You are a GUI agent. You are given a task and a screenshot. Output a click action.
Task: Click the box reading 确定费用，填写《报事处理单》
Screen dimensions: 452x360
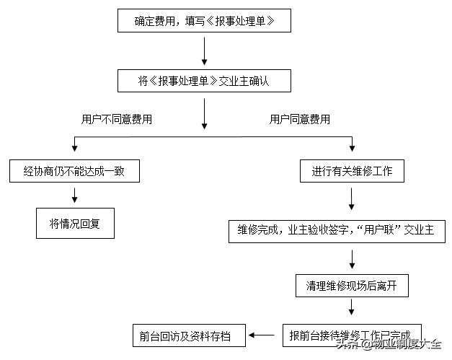coord(204,20)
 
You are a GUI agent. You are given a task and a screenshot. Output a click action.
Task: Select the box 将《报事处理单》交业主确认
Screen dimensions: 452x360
coord(204,81)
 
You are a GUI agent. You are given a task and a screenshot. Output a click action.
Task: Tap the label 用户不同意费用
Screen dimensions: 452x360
coord(117,119)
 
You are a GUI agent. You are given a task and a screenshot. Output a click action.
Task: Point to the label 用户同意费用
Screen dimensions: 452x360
coord(300,119)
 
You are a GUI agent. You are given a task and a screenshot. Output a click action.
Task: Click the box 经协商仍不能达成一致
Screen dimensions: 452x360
coord(74,171)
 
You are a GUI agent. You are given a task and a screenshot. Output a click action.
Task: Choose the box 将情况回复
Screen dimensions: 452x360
coord(75,223)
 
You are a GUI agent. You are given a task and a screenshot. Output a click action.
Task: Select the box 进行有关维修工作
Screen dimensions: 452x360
coord(352,171)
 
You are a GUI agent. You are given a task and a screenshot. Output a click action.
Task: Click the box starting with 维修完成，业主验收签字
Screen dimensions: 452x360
coord(337,232)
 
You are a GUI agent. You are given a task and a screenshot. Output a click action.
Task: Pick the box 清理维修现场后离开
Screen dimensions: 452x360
coord(352,286)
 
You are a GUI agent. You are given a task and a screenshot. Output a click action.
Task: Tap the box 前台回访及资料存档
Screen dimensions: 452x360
coord(189,335)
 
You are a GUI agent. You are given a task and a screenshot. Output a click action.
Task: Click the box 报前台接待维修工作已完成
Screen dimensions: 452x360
coord(352,335)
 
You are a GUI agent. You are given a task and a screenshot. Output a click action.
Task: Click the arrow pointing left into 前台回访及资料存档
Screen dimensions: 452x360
coord(262,335)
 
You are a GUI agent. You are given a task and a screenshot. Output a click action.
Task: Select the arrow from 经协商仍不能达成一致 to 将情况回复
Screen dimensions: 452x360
coord(75,196)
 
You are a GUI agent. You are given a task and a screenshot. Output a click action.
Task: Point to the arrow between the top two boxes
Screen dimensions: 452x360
coord(205,51)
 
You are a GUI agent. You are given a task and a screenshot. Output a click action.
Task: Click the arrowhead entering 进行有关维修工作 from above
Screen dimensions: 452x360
coord(352,149)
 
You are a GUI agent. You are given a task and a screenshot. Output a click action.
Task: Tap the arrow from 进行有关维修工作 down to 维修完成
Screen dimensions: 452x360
coord(351,199)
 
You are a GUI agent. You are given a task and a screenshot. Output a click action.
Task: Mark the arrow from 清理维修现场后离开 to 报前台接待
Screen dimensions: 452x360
coord(351,307)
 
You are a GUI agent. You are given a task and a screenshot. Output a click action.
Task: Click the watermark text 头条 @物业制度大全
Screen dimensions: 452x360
coord(389,344)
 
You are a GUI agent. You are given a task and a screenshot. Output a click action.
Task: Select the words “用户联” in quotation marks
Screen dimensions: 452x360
coord(379,230)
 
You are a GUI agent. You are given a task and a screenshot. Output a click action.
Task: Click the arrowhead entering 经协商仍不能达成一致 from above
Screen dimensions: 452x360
coord(75,149)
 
